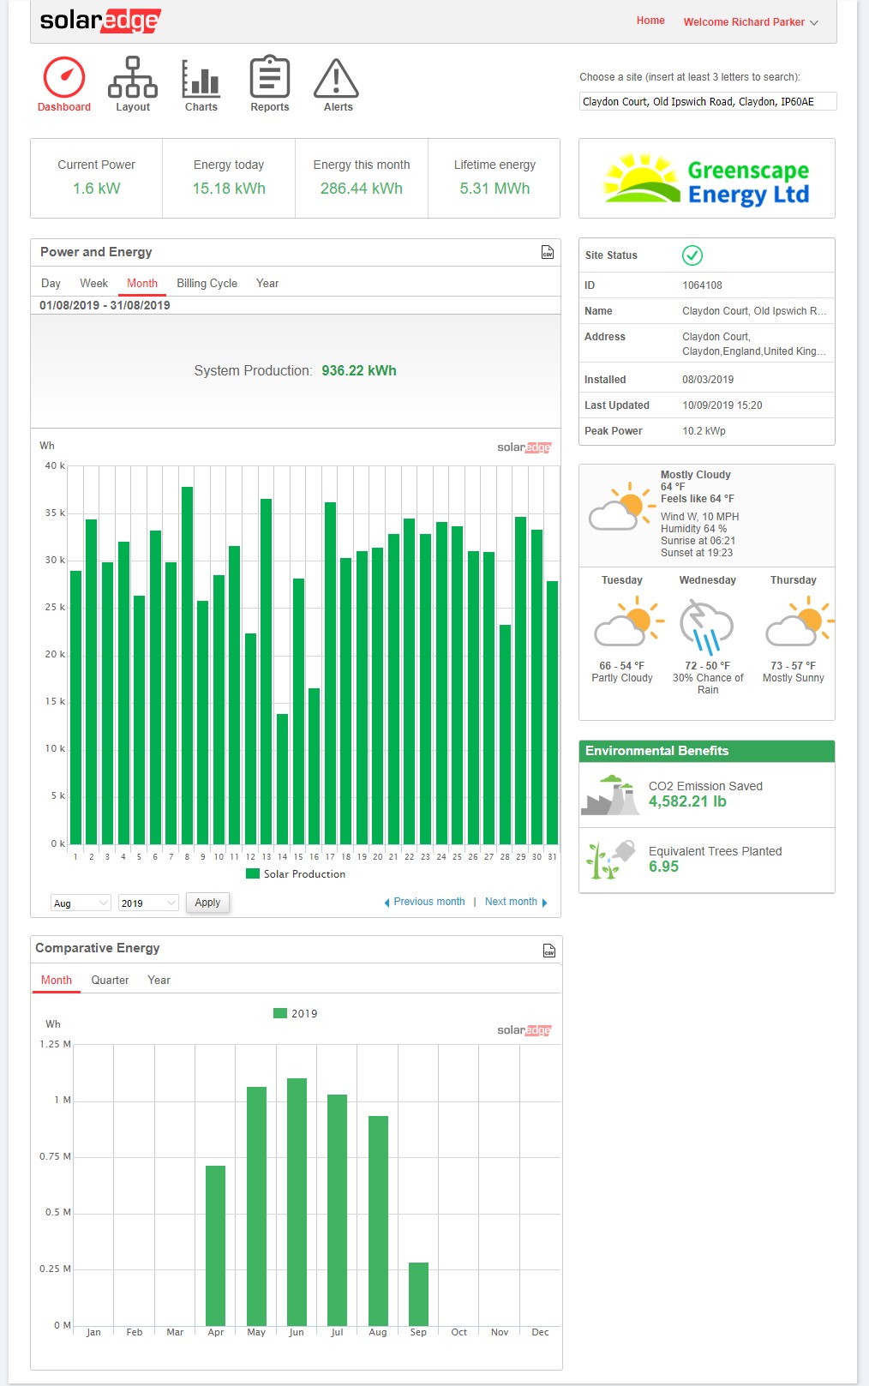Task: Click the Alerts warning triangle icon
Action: (x=336, y=79)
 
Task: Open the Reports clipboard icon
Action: (x=270, y=76)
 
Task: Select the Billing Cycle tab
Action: (x=207, y=284)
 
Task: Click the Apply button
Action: (x=207, y=902)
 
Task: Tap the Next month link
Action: (x=511, y=902)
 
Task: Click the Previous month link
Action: (x=429, y=902)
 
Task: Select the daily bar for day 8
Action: (x=187, y=666)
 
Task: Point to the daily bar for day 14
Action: (x=282, y=779)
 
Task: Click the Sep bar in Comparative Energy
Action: (x=418, y=1293)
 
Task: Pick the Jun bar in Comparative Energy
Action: (x=297, y=1202)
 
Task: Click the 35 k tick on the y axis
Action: (x=55, y=513)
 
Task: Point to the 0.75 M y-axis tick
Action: (x=55, y=1156)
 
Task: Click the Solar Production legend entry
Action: (x=296, y=873)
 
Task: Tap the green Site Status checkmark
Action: (x=692, y=255)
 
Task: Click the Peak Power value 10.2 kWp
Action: (x=704, y=430)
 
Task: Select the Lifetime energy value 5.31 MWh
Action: (x=494, y=188)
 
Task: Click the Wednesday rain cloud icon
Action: (x=706, y=627)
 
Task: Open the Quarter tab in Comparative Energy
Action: (x=110, y=980)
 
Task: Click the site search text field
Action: (x=708, y=101)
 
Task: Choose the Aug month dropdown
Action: (x=81, y=903)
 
